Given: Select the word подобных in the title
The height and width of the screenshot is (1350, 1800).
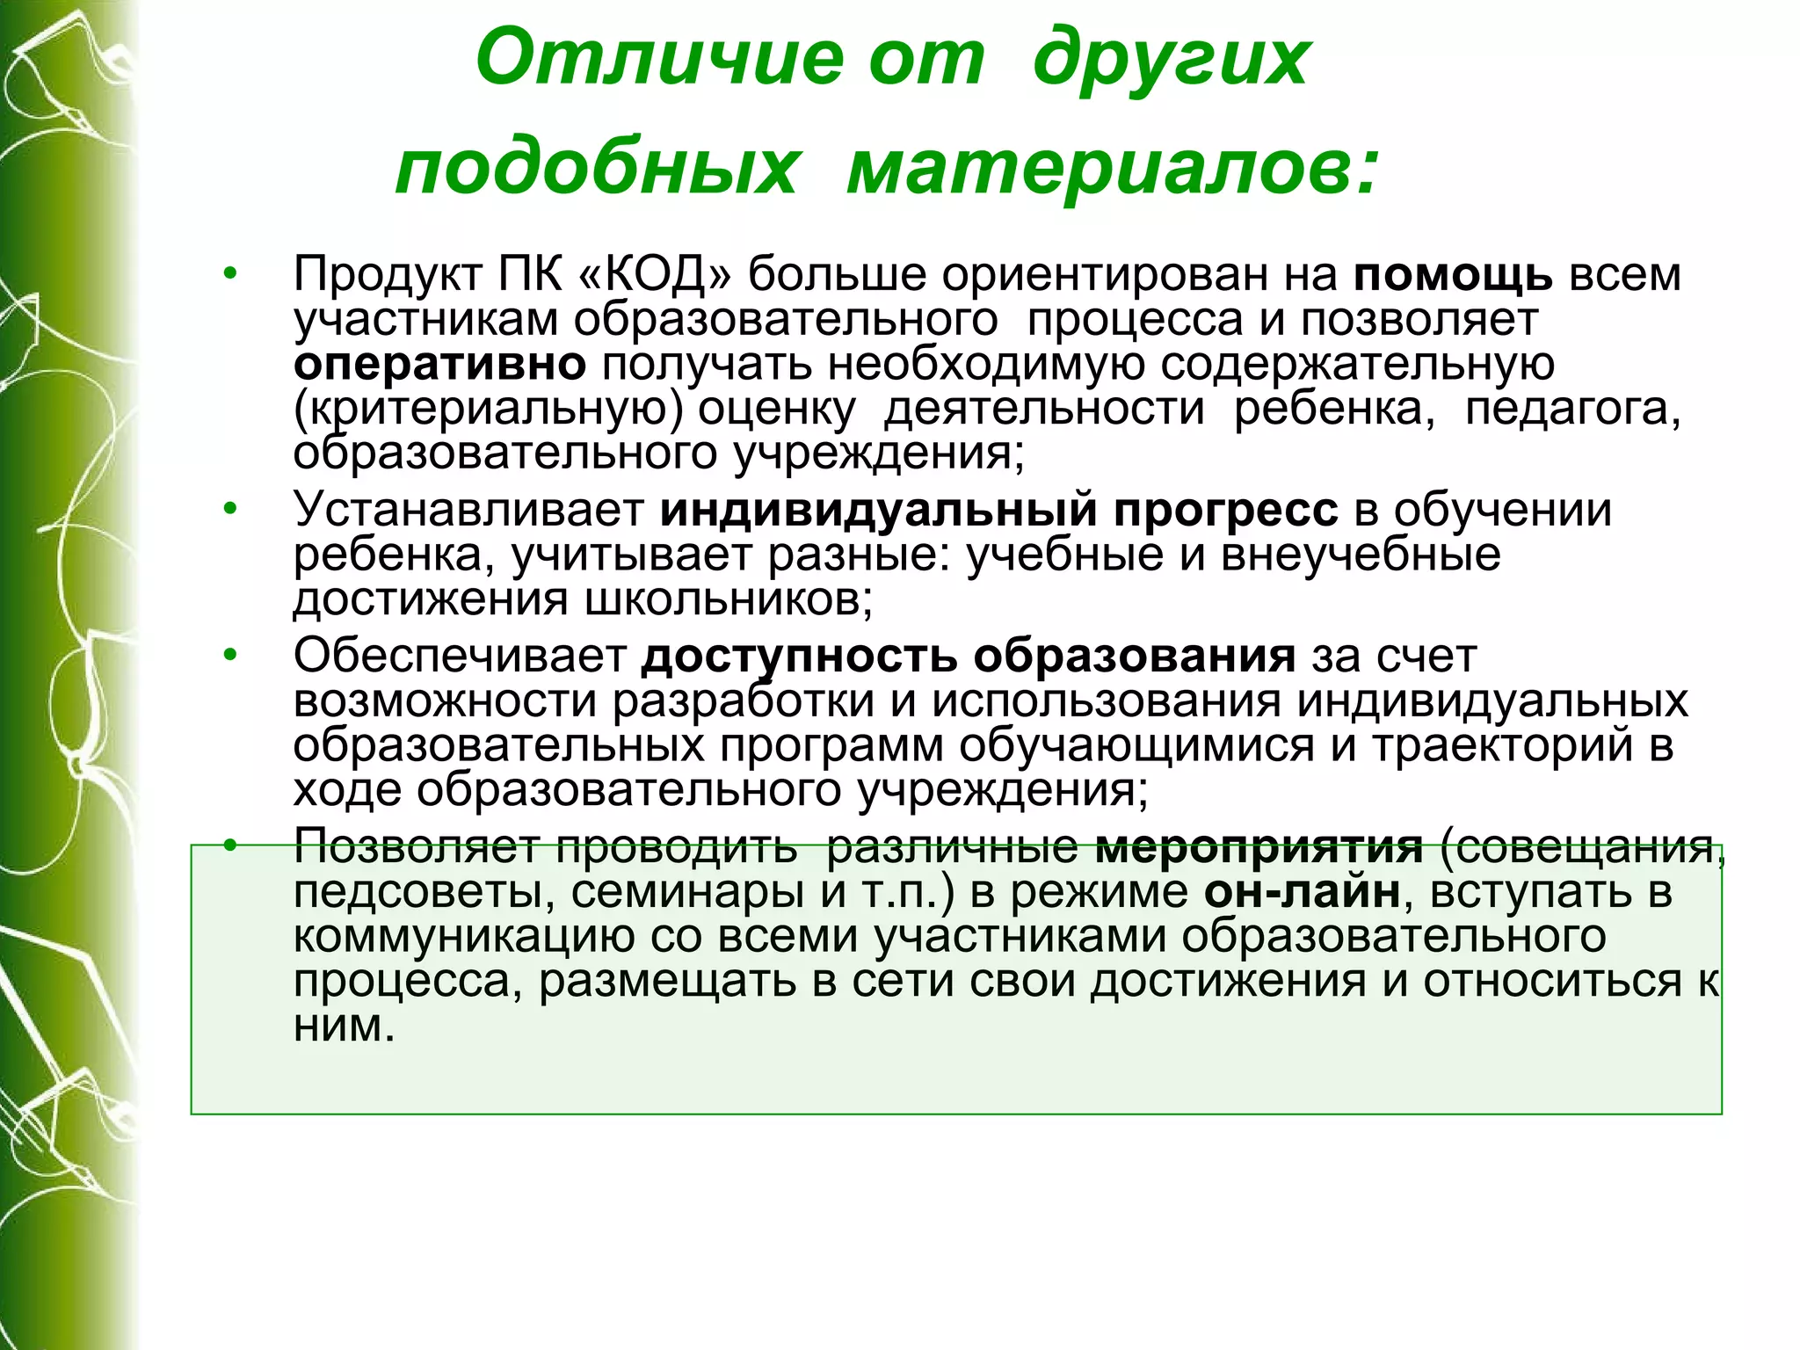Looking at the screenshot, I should coord(597,169).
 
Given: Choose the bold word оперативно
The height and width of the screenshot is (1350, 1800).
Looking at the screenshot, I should coord(439,365).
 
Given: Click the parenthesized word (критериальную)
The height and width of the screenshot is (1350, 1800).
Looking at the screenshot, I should coord(488,410).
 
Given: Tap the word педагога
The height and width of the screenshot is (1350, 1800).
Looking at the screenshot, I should coord(1572,410).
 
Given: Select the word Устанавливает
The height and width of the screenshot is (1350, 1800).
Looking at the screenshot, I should coord(469,510).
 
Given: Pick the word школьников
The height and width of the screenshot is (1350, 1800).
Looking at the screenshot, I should coord(728,599).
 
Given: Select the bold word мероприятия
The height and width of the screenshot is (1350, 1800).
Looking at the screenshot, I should coord(1259,847).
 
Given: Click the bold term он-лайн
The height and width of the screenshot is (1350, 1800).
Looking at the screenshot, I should coord(1302,892).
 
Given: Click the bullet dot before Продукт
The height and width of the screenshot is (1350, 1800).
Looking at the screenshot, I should coord(230,272).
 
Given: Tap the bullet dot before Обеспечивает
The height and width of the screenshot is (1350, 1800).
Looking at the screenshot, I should coord(230,654).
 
